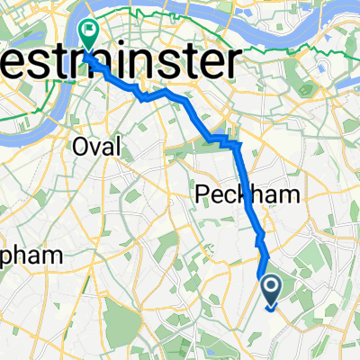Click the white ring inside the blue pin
pyautogui.click(x=271, y=285)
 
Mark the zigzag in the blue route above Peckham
pyautogui.click(x=225, y=139)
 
